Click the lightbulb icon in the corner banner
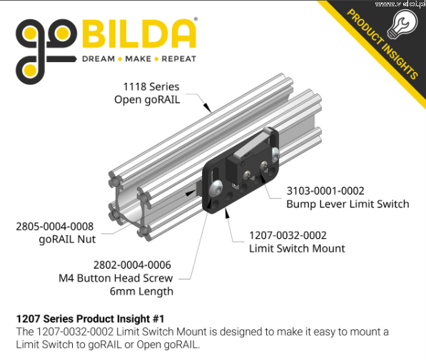(402, 24)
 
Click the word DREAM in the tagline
(98, 59)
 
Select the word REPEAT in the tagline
(179, 59)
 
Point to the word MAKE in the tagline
(138, 59)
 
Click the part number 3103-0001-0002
(325, 191)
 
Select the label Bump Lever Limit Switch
(348, 204)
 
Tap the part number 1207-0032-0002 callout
(288, 235)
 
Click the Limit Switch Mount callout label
(297, 248)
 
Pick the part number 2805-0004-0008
(55, 227)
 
